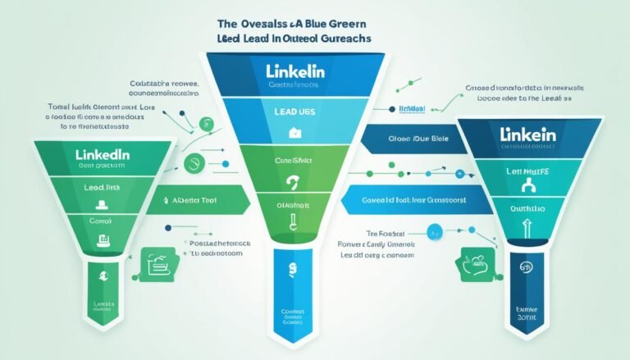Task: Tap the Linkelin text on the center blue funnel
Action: (x=296, y=73)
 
